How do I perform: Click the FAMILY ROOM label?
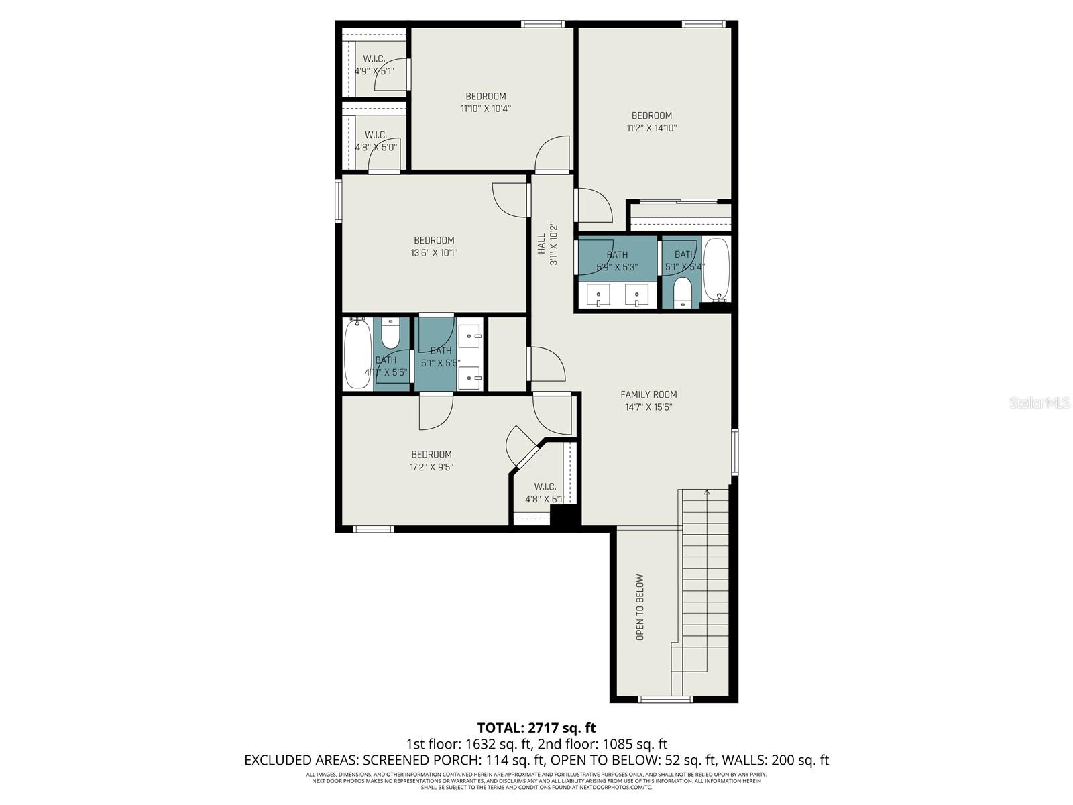(648, 394)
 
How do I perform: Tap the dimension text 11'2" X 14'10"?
(651, 127)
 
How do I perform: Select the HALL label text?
(541, 244)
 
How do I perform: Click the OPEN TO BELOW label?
(640, 606)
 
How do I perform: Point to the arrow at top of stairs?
(706, 492)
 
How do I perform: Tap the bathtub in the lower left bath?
(357, 354)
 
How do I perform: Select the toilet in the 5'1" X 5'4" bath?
(682, 292)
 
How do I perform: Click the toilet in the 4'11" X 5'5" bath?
(390, 331)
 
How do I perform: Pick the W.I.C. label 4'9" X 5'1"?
(374, 64)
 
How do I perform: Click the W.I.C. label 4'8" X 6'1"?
(545, 492)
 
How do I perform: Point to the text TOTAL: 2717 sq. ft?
(536, 727)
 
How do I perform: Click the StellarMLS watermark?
(1039, 402)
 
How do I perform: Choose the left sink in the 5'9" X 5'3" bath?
(598, 294)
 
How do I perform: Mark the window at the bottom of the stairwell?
(665, 700)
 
